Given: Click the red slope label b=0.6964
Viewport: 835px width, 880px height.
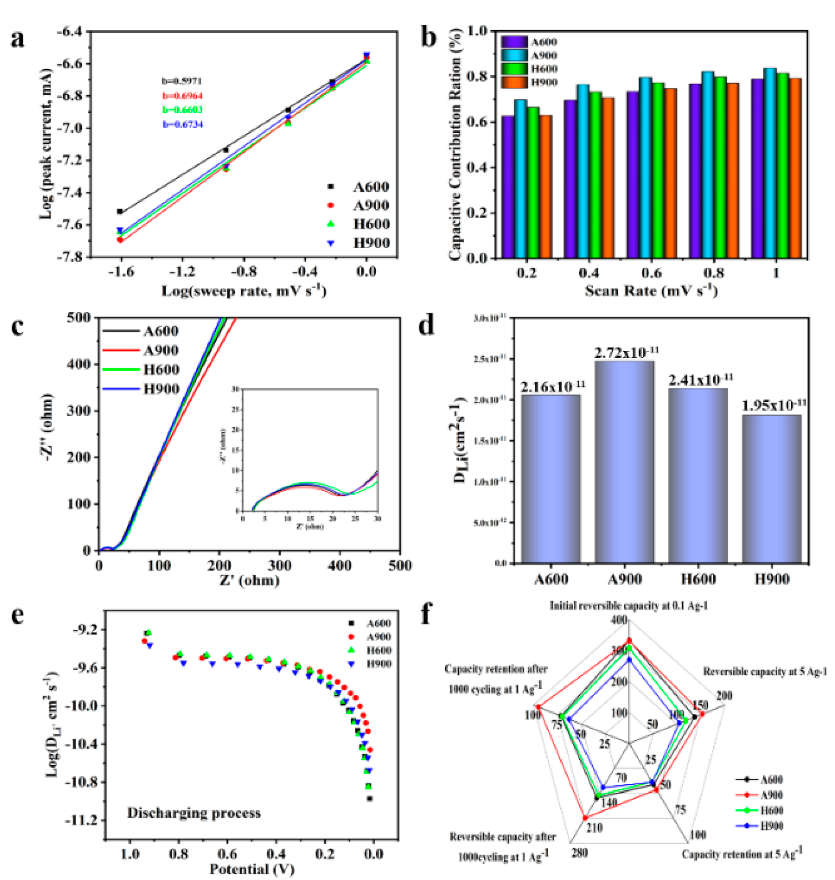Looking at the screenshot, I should tap(183, 96).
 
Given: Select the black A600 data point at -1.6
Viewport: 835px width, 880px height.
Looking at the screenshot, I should tap(120, 212).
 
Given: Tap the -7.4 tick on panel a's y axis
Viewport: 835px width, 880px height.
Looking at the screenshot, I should tap(70, 193).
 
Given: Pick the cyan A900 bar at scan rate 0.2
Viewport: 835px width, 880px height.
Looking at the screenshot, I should tap(520, 179).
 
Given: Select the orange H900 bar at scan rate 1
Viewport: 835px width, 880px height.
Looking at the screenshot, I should tap(794, 168).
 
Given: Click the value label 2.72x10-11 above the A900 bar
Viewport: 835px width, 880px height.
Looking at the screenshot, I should tap(626, 353).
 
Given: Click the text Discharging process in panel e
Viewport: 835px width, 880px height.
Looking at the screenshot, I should tap(194, 813).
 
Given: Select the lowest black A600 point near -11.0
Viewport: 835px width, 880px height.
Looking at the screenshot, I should tap(369, 799).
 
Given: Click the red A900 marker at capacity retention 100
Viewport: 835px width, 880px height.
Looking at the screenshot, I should tap(538, 707).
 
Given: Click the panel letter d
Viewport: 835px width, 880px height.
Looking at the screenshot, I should tap(427, 327).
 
